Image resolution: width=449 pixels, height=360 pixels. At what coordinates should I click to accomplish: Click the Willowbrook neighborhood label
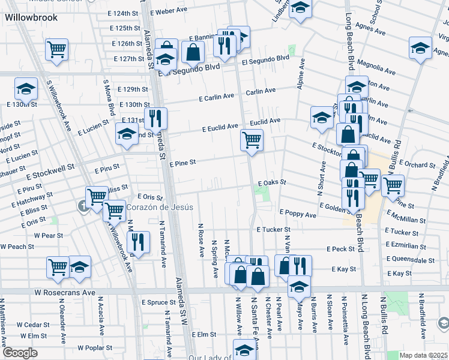point(31,17)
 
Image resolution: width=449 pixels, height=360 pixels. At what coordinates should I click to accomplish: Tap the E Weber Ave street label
point(170,11)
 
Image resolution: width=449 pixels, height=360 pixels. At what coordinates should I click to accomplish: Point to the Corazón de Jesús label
point(160,207)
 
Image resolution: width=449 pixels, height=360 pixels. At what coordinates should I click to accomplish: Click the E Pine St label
point(182,163)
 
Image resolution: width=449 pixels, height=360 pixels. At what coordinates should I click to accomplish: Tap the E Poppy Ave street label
point(298,214)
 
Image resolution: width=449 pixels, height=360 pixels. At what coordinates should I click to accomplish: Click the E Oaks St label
point(272,182)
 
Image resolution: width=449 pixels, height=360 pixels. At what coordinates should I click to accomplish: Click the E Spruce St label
point(157,302)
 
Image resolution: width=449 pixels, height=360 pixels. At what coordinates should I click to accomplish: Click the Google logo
point(20,353)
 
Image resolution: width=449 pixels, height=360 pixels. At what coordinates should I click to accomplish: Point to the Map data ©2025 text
point(423,355)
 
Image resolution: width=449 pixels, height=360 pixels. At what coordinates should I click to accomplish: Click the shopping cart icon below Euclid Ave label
point(252,141)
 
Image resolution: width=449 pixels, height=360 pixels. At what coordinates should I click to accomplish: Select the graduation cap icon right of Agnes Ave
point(420,47)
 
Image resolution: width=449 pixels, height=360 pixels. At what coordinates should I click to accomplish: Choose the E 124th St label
point(125,13)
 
